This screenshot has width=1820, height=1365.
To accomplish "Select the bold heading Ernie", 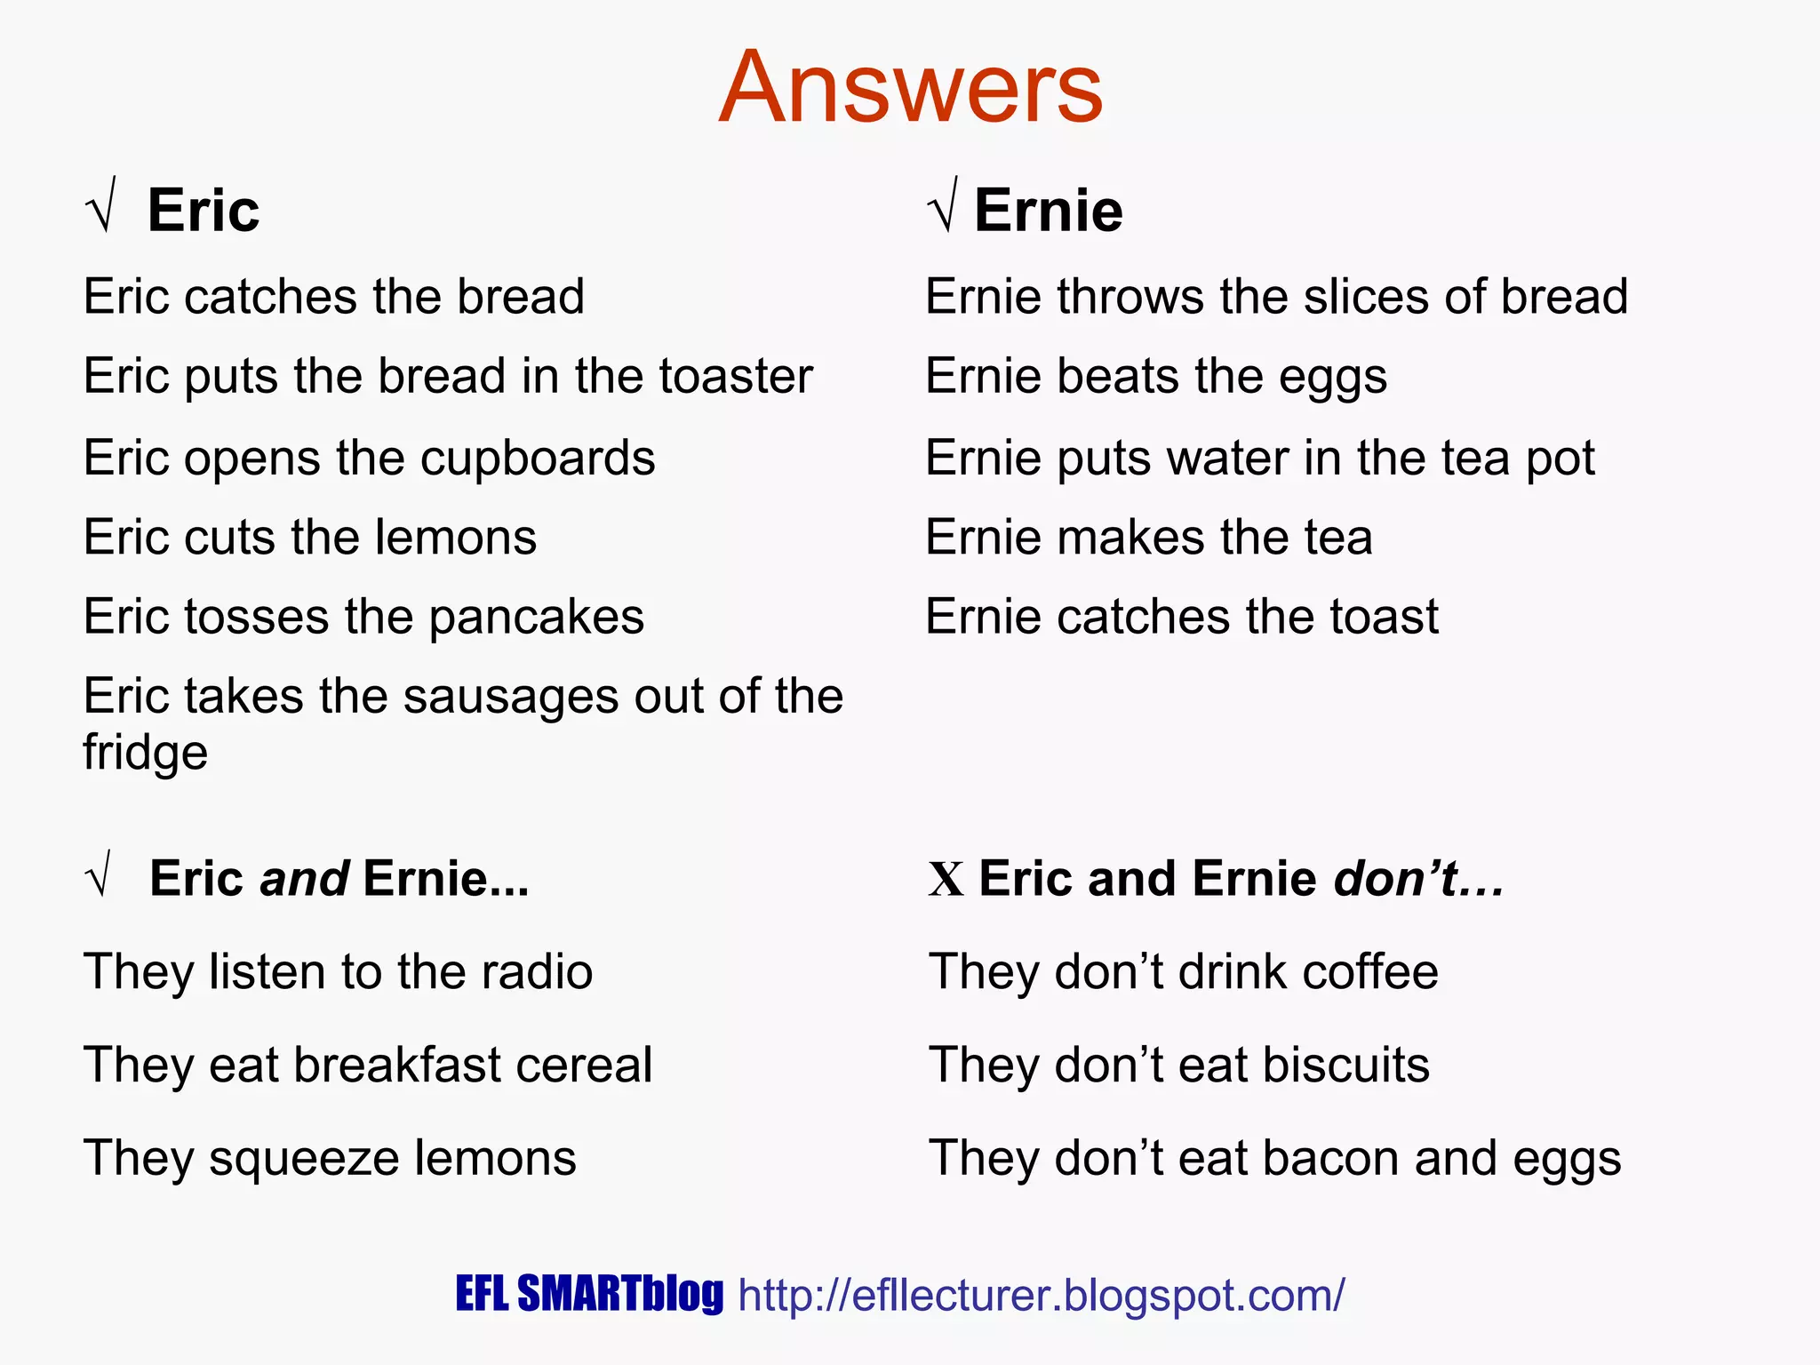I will (1048, 212).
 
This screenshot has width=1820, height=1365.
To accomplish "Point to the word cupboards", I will (537, 459).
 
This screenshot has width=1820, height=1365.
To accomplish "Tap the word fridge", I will (145, 754).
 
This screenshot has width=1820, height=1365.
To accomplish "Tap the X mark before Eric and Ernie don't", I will (946, 880).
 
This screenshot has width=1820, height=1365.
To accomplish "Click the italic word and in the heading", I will (304, 879).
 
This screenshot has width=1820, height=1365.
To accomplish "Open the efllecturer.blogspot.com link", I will (1041, 1295).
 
